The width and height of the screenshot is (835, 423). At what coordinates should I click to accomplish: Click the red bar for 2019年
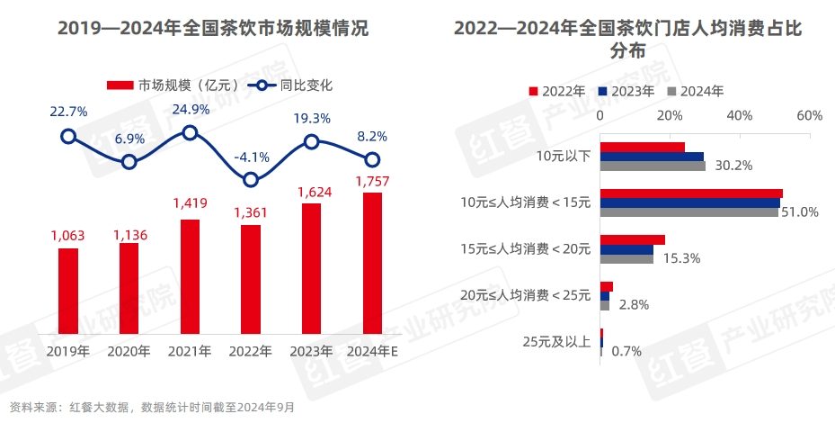(x=68, y=290)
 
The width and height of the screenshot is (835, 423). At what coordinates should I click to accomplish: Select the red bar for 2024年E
(x=372, y=262)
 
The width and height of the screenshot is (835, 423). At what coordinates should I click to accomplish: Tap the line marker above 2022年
(x=251, y=180)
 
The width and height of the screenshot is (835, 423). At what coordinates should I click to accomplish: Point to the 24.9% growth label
(x=191, y=110)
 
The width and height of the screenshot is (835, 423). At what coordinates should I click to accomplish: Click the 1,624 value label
(x=311, y=192)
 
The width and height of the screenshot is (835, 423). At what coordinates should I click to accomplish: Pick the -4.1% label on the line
(x=251, y=157)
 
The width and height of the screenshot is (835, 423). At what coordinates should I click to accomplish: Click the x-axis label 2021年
(x=190, y=351)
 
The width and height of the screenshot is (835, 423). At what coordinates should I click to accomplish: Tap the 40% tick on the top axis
(x=739, y=116)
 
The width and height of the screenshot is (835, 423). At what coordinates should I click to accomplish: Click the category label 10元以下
(x=564, y=157)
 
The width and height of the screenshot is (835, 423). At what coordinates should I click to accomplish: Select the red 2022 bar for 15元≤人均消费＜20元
(x=632, y=239)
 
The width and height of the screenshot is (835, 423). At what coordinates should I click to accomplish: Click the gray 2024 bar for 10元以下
(x=653, y=166)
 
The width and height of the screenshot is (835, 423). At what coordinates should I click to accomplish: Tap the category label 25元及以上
(x=557, y=341)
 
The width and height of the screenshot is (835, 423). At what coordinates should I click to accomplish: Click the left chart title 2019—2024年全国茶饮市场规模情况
(x=213, y=29)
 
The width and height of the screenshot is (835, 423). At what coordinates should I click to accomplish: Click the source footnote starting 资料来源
(x=147, y=408)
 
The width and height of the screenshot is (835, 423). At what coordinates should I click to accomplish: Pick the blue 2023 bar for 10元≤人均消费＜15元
(x=689, y=203)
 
